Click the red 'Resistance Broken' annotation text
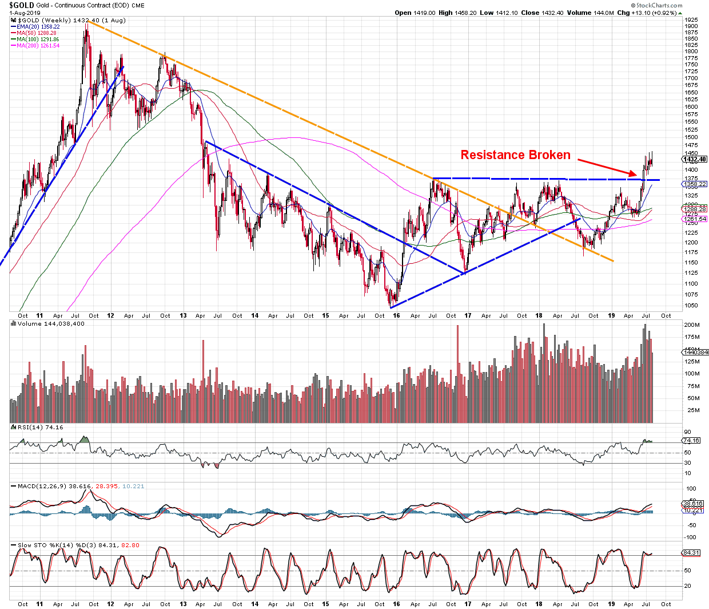click(x=515, y=155)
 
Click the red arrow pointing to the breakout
click(x=607, y=167)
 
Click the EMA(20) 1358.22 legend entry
click(x=38, y=27)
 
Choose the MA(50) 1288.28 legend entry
click(x=37, y=33)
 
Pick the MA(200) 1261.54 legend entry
click(x=38, y=46)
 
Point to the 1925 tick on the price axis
click(x=691, y=20)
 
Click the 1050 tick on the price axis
click(x=691, y=306)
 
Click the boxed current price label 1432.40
click(x=695, y=159)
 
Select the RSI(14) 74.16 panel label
click(x=40, y=428)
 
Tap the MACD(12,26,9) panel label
click(x=54, y=487)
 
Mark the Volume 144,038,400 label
click(x=51, y=324)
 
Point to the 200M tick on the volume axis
click(x=692, y=325)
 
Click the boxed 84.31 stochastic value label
click(x=691, y=553)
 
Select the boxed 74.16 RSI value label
click(x=691, y=441)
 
